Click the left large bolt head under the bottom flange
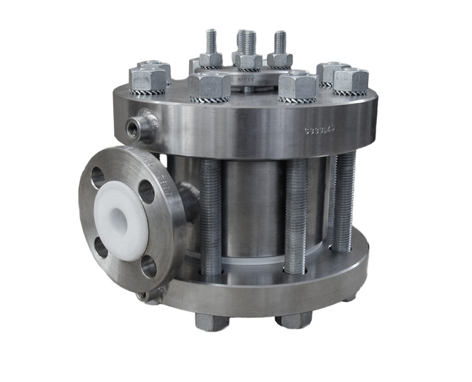coord(212,321)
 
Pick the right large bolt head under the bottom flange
coord(293,319)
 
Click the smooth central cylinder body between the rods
coord(254,208)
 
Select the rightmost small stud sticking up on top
coord(280,42)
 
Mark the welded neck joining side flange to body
coord(189,198)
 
